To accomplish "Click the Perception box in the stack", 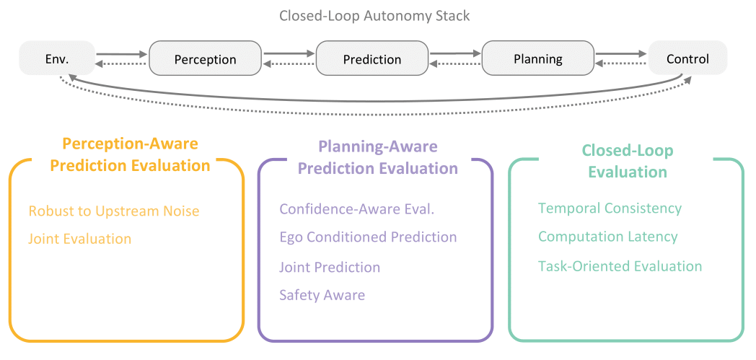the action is click(206, 58).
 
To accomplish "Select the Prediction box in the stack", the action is click(372, 58).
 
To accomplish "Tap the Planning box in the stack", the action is click(538, 58).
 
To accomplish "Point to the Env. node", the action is click(58, 58).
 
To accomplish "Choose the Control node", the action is click(687, 58).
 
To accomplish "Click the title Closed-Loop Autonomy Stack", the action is click(374, 17).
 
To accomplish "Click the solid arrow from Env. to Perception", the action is click(121, 54).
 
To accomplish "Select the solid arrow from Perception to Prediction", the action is click(289, 54).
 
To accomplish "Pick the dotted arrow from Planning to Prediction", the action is click(455, 63).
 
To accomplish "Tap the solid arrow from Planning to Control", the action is click(621, 54).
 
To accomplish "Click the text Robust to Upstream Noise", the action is click(114, 211).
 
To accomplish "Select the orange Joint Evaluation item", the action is click(79, 239).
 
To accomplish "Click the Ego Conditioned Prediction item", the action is click(369, 237).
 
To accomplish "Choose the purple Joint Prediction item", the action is click(330, 267).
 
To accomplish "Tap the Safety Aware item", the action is click(322, 294).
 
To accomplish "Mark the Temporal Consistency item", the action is click(610, 208).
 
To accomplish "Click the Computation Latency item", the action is click(608, 237).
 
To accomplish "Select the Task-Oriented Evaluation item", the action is click(620, 266).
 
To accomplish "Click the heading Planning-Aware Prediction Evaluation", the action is click(378, 157).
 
